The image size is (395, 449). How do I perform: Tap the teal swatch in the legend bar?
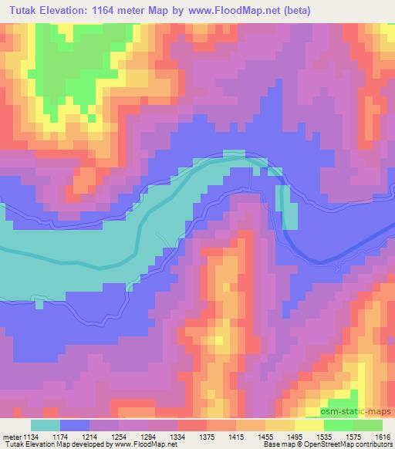coord(46,425)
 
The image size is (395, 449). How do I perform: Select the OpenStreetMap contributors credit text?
coord(339,445)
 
